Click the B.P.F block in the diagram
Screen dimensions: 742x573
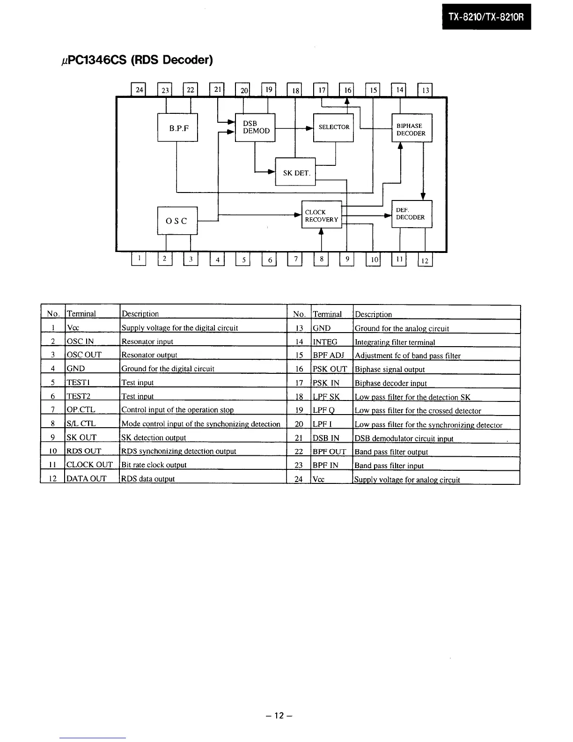[178, 127]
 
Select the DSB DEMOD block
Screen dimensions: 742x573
[255, 127]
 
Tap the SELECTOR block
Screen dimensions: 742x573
[333, 127]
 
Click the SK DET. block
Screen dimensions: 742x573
[295, 172]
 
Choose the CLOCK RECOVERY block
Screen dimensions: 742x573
[322, 215]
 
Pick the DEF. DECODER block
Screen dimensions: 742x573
[411, 214]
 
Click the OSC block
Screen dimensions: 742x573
[177, 221]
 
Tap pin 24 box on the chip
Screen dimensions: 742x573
[139, 89]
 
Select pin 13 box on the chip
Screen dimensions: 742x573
[425, 90]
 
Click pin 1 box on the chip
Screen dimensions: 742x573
[139, 259]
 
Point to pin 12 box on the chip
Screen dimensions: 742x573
[425, 260]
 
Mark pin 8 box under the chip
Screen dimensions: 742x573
[321, 259]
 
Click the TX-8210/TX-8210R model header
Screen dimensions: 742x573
[486, 17]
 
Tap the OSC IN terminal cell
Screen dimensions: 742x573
[80, 341]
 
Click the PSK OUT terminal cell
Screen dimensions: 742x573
[330, 369]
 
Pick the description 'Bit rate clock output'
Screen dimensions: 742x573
[154, 465]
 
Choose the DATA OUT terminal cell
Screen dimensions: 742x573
[86, 478]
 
